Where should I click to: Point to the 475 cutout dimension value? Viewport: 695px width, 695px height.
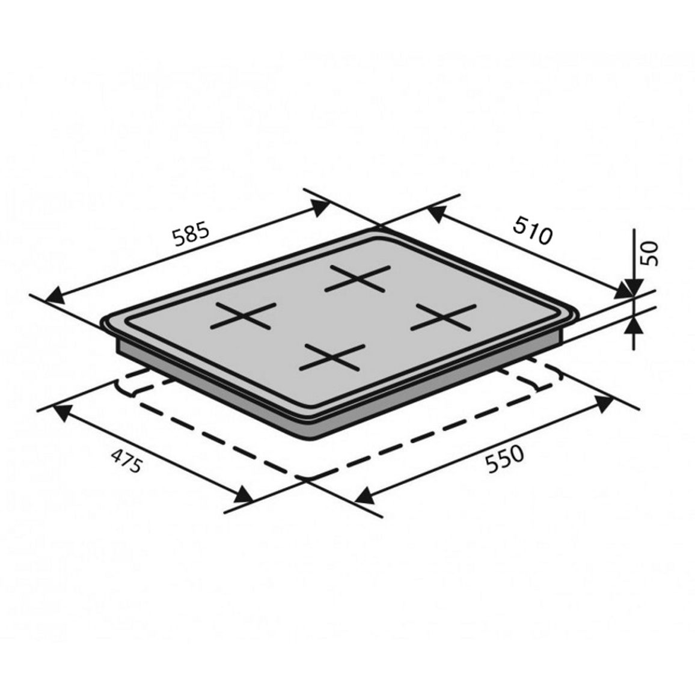pos(126,461)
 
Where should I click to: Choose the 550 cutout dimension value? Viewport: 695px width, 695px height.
pos(505,459)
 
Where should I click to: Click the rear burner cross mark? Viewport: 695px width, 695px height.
pos(357,278)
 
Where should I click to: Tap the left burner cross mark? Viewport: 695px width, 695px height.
pos(243,316)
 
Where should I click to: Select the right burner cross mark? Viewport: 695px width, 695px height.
pos(443,316)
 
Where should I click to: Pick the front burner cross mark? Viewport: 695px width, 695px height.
pos(332,357)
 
